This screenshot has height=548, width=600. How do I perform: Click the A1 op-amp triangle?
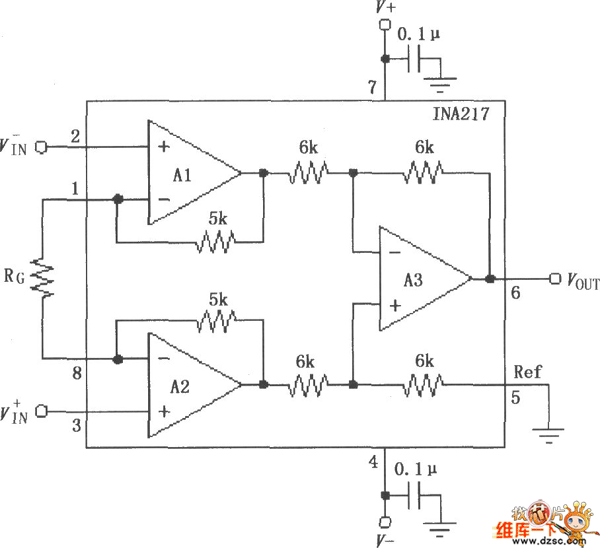coord(190,173)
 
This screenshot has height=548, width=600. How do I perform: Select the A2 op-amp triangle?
coord(190,384)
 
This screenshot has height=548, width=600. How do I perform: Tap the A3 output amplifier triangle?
coord(420,279)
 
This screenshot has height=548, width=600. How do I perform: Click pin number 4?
coord(373,462)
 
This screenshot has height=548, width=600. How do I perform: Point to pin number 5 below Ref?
coord(515,396)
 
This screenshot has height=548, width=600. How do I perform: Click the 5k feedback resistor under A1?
coord(215,241)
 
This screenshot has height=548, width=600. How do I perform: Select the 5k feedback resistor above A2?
coord(215,320)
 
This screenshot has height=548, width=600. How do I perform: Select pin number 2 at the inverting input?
coord(75,135)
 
